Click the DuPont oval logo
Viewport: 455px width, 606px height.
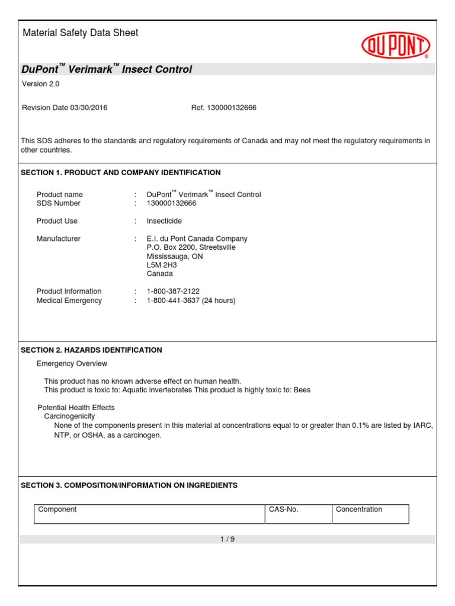[396, 46]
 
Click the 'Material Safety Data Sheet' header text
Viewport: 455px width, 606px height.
[80, 33]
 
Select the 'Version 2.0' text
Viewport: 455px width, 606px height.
[41, 84]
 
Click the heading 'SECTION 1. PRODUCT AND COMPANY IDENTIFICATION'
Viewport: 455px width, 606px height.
[121, 173]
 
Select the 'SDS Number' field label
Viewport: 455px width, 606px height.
[59, 204]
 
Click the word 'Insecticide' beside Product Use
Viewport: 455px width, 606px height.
[164, 221]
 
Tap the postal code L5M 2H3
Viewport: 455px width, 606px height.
[162, 265]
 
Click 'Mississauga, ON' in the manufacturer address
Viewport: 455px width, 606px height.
[175, 256]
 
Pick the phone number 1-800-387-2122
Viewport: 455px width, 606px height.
[173, 291]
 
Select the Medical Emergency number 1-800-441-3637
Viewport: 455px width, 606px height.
[173, 301]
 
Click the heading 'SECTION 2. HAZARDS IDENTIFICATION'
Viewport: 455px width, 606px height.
[91, 350]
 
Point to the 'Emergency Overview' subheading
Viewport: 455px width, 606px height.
[72, 363]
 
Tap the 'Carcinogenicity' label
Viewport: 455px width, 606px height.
[69, 417]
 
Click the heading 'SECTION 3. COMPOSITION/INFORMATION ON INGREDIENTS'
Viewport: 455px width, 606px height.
[129, 485]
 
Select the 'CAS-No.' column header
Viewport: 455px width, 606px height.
[283, 510]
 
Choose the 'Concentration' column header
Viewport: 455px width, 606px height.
[359, 510]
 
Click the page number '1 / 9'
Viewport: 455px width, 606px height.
[227, 539]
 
